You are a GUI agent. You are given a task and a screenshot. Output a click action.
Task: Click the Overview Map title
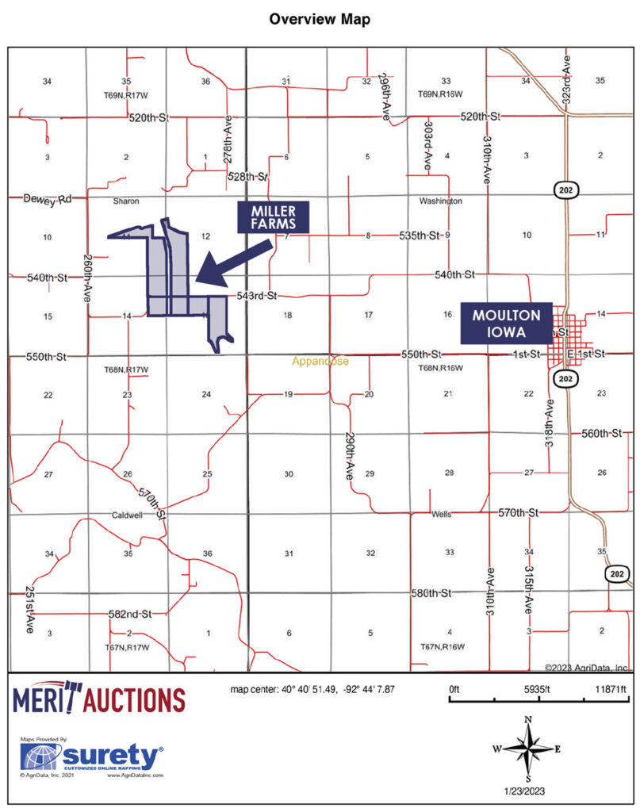click(319, 18)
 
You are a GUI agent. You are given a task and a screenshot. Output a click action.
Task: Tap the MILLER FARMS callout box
click(274, 217)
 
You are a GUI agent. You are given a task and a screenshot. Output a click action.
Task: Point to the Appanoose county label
click(320, 362)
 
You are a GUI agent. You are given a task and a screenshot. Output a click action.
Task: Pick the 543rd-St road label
click(256, 297)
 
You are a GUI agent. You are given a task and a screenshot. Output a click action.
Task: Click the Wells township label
click(441, 514)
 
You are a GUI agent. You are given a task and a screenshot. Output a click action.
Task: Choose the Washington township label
click(440, 201)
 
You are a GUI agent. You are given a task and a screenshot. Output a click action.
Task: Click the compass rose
click(528, 746)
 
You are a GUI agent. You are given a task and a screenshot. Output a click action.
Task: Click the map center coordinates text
click(319, 688)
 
